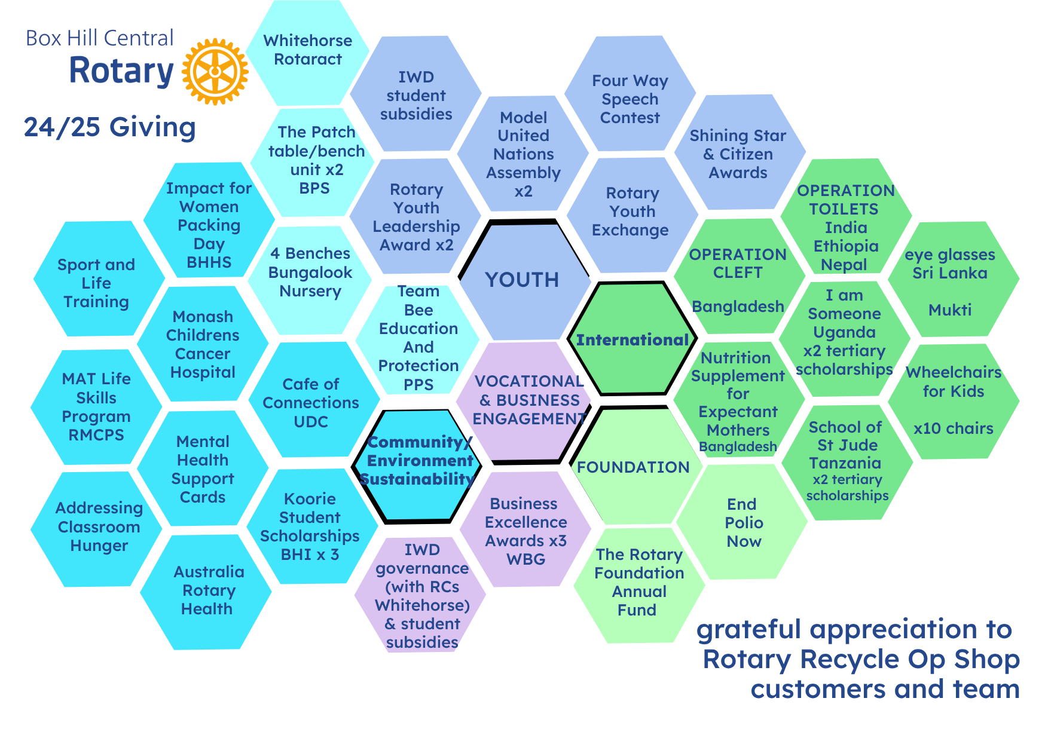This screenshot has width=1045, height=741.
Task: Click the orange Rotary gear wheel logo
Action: pos(215,72)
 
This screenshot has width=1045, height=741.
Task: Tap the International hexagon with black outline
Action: pos(632,339)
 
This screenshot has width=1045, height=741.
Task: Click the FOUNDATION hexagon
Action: pos(633,466)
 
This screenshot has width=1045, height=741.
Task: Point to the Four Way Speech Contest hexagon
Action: pos(630,94)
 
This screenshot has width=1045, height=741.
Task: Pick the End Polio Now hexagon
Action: pos(742,522)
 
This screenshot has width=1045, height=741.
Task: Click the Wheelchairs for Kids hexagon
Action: pos(954,401)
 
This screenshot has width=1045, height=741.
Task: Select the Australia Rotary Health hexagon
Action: pos(206,592)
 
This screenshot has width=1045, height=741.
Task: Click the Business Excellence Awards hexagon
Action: pos(525,529)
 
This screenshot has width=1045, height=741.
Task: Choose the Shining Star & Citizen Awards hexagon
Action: pos(740,152)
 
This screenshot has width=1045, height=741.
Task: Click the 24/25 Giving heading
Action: pos(110,127)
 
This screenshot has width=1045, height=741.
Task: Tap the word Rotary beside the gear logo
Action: pos(121,71)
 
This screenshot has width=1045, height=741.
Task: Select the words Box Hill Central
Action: pos(99,38)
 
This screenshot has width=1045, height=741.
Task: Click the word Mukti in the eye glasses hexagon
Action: pos(950,310)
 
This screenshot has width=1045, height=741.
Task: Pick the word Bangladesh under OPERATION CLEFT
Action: pos(738,307)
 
